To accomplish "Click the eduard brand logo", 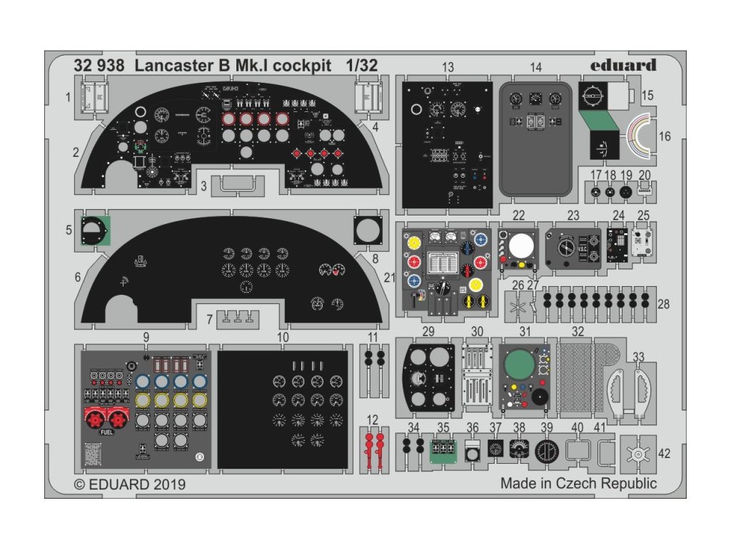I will coord(623,66).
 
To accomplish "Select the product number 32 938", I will coord(99,66).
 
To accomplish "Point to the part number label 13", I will coord(448,67).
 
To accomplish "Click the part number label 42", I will coord(664,453).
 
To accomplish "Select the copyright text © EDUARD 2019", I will coord(130,484).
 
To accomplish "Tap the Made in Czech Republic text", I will coord(578,483).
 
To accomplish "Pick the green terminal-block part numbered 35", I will coord(443,450).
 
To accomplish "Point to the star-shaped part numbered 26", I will coord(520,309).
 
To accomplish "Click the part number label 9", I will coord(146,336).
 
